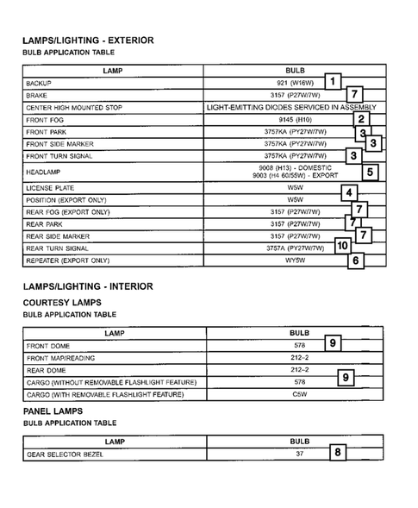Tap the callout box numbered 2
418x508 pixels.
coord(362,120)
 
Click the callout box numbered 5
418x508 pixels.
coord(370,172)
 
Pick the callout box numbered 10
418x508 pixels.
coord(342,246)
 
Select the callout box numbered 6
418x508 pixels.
coord(355,260)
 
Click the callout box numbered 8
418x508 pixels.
coord(338,451)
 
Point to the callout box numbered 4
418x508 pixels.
coord(348,192)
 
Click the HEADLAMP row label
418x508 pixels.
coord(43,172)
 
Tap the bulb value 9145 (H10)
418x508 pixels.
coord(295,120)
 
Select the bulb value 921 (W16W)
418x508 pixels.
coord(295,82)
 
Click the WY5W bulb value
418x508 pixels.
coord(295,260)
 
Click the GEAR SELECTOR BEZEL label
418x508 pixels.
coord(65,454)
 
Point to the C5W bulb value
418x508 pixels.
coord(299,394)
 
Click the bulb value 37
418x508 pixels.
coord(299,454)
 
